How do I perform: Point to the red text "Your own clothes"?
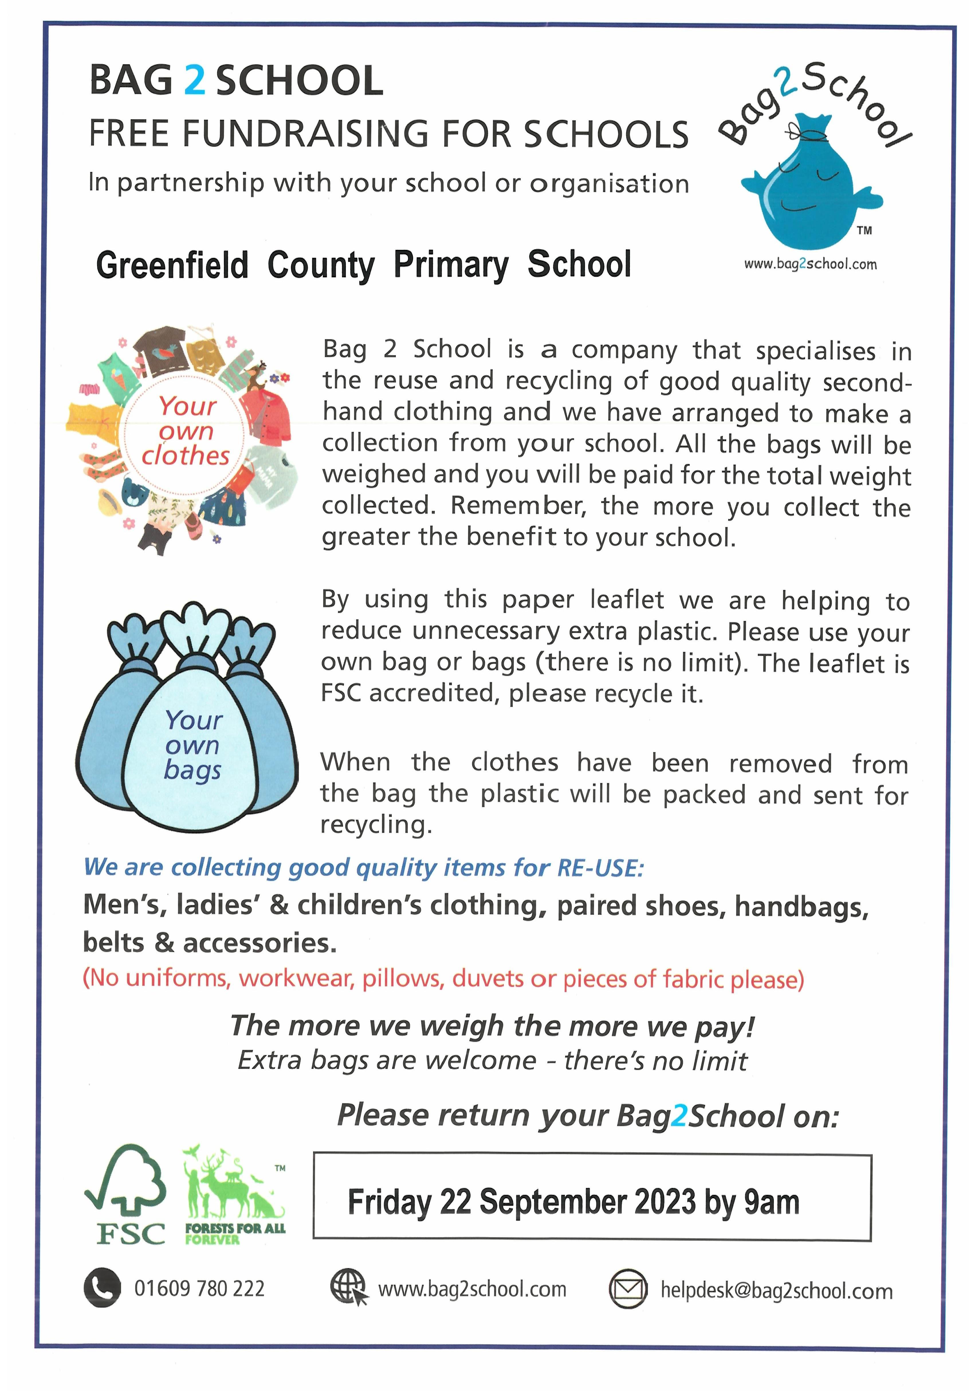(x=186, y=431)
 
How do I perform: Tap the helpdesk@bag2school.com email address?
(x=776, y=1290)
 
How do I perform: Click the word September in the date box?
(x=548, y=1202)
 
